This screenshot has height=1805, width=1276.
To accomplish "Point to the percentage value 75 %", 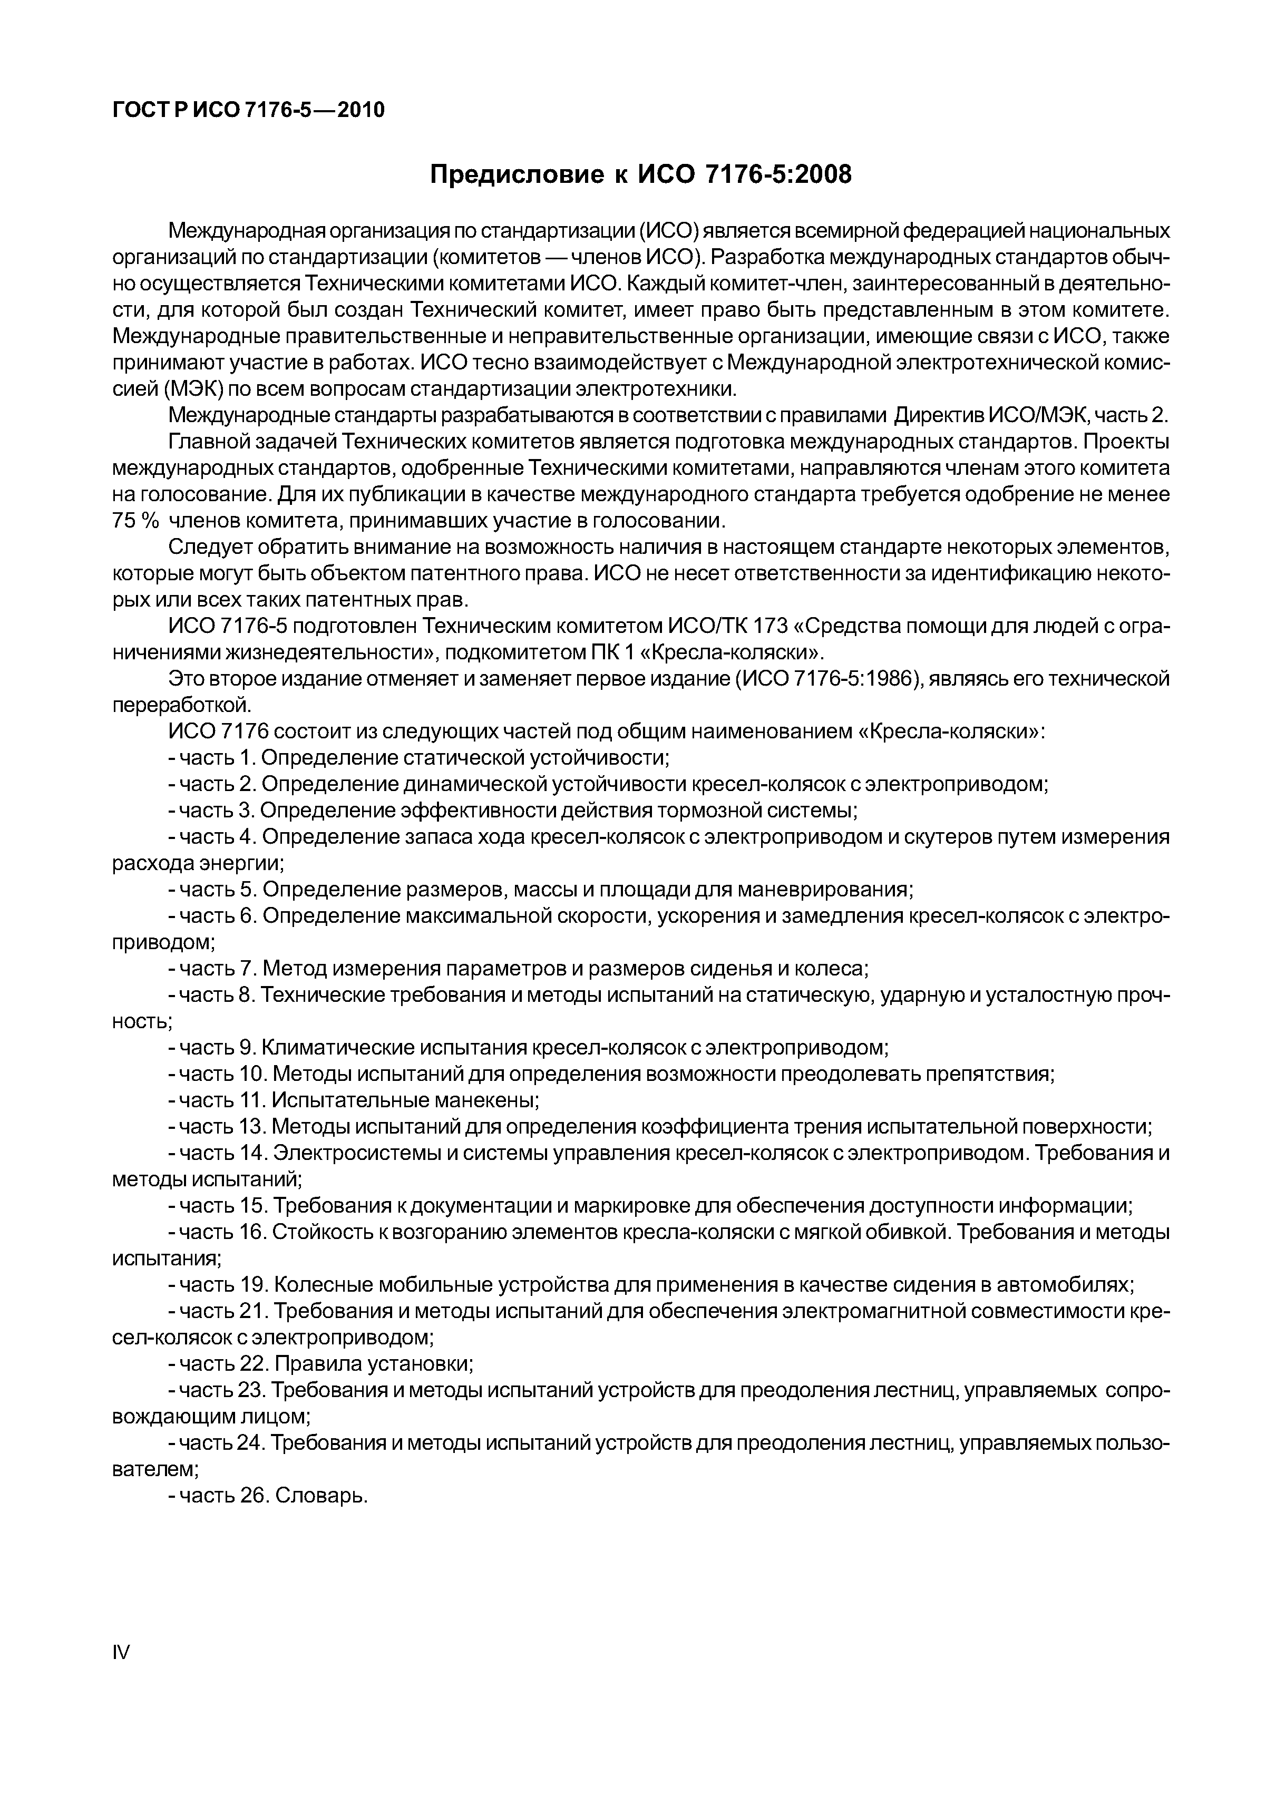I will click(136, 521).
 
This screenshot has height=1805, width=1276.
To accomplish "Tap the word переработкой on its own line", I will click(181, 705).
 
